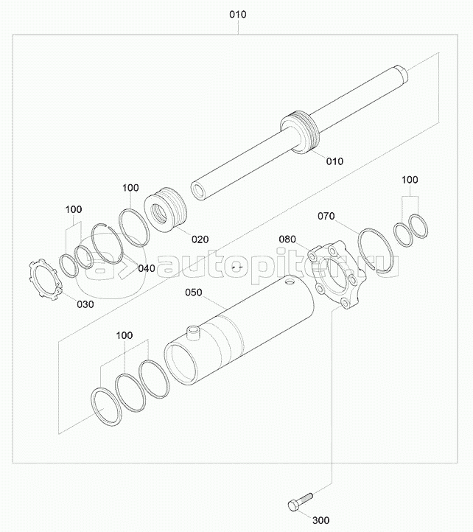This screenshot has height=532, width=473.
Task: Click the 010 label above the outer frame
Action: (238, 15)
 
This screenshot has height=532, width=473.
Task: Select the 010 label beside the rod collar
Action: (334, 161)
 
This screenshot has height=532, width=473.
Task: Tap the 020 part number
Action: (200, 239)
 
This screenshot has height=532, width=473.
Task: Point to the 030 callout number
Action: (85, 304)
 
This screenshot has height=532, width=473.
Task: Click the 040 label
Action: (147, 268)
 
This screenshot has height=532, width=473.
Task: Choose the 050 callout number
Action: (194, 293)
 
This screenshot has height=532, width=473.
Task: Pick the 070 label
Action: (326, 216)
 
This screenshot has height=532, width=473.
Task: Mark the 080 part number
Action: (287, 239)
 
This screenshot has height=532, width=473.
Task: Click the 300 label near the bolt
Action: (320, 520)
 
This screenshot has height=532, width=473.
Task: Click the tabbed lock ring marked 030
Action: (44, 279)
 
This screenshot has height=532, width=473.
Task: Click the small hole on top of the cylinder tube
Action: (290, 281)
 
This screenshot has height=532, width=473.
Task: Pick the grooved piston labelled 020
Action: (166, 210)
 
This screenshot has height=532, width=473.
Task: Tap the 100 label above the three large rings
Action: (125, 335)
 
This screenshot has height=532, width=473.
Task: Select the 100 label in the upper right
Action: (410, 180)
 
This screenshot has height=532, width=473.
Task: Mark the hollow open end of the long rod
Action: (197, 191)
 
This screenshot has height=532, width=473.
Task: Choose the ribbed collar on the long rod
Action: (299, 133)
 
